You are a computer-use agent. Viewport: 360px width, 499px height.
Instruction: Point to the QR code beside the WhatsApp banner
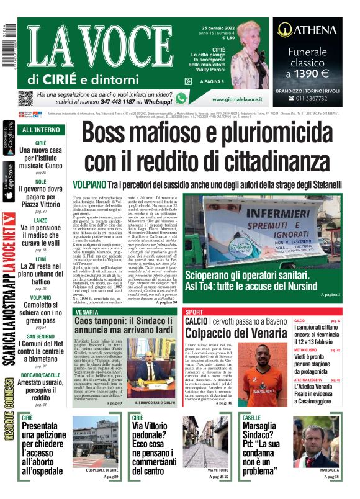[x=25, y=97]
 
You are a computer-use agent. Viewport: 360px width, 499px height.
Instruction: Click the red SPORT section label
[x=194, y=311]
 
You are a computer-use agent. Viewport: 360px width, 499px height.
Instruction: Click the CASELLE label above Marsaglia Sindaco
[x=251, y=418]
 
